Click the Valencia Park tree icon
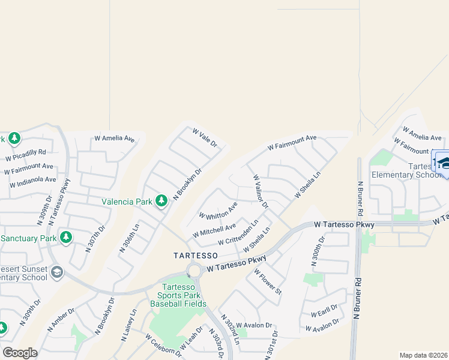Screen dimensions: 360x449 click(161, 200)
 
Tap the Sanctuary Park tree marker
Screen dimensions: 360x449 click(66, 238)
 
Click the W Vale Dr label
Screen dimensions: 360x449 click(204, 138)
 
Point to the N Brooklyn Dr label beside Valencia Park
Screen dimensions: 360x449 click(188, 184)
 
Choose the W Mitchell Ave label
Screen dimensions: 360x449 click(214, 229)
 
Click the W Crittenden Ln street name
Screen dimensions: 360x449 click(238, 232)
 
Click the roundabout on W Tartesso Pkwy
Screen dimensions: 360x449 click(194, 271)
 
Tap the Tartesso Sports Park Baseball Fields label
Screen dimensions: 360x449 click(178, 295)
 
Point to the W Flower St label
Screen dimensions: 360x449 click(268, 281)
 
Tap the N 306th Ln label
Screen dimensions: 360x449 click(130, 238)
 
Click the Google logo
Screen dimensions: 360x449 click(20, 352)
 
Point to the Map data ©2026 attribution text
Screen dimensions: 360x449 click(423, 355)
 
